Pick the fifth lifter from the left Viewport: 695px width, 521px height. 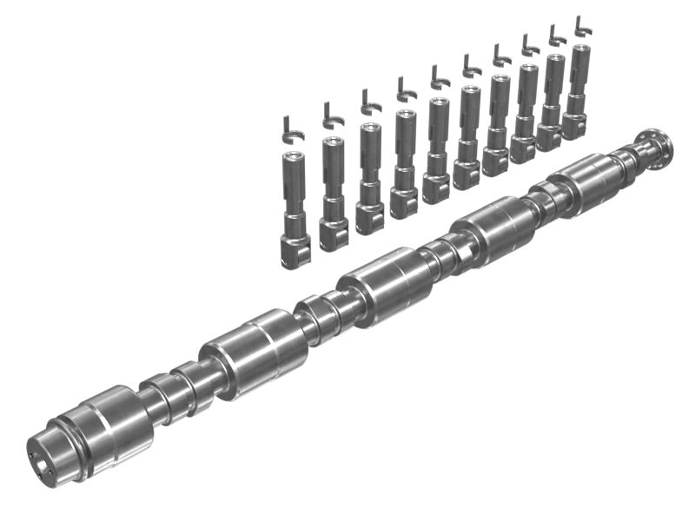tap(438, 148)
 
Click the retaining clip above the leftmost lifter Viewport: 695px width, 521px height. tap(293, 127)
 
